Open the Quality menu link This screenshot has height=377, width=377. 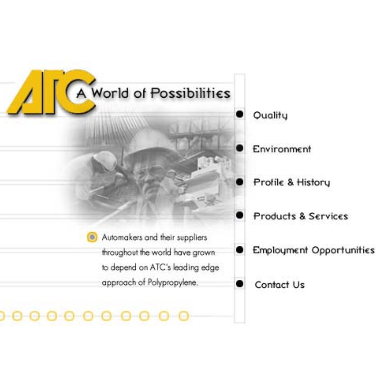coord(270,115)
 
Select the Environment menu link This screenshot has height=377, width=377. coord(282,149)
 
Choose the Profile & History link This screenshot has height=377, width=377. coord(291,183)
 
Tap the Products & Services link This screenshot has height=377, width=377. coord(301,216)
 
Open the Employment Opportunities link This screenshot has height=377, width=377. coord(313,250)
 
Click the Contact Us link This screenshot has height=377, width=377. coord(279,285)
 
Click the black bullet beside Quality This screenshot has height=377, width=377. coord(240,114)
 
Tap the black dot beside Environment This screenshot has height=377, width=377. coord(240,148)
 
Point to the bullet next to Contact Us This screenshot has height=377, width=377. coord(240,284)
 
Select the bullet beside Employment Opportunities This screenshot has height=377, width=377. coord(240,250)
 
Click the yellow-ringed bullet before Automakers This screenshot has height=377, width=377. coord(92,237)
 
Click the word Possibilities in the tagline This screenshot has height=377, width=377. coord(190,93)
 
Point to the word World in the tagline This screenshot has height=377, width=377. coord(110,93)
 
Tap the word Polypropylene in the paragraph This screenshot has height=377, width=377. coord(172,283)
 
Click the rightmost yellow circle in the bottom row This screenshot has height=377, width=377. coord(184,316)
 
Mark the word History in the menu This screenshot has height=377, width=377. coord(313,183)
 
